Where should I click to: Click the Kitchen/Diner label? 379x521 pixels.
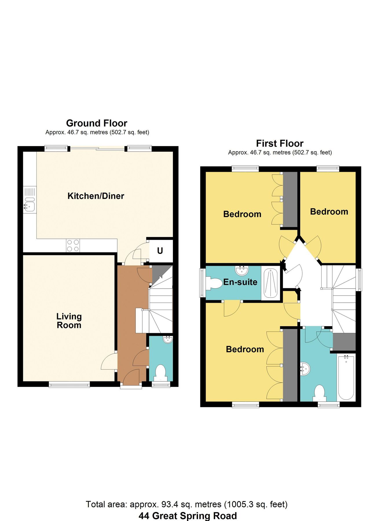[x=96, y=196]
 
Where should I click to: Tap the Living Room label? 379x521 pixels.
[x=69, y=321]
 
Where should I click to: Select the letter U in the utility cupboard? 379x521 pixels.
[x=160, y=251]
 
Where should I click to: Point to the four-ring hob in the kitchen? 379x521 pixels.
[x=73, y=246]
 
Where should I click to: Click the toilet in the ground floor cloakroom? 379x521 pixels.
[x=160, y=372]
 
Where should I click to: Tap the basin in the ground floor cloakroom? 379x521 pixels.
[x=168, y=340]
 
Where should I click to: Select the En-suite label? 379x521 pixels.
[x=240, y=282]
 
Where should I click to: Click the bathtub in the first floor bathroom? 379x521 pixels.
[x=346, y=378]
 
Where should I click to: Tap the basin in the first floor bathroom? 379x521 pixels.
[x=305, y=369]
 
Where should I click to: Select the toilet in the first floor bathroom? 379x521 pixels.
[x=319, y=392]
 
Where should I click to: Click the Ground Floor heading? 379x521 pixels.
[x=97, y=123]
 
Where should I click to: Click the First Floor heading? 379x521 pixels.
[x=280, y=144]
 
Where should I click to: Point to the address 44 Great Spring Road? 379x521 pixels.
[x=188, y=516]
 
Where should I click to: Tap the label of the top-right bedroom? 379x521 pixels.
[x=329, y=212]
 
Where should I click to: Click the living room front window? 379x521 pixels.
[x=69, y=385]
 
